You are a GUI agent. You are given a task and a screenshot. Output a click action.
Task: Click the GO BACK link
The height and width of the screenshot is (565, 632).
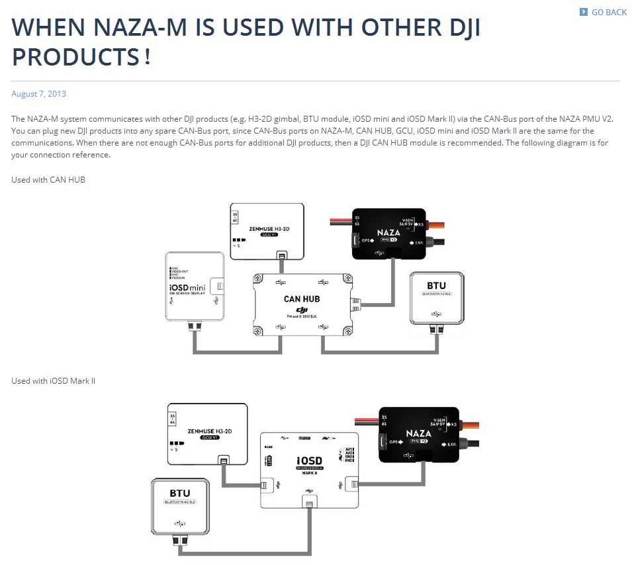coord(608,12)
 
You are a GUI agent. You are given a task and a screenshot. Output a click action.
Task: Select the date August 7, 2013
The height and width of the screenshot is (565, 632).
coord(38,94)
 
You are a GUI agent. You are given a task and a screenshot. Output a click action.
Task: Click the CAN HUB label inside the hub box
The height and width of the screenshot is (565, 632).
coord(302,299)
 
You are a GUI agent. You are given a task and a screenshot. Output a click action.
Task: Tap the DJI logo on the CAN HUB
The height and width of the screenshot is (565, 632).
coord(302,310)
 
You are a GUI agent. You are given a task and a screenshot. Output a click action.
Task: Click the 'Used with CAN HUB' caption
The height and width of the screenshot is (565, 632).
coord(48,179)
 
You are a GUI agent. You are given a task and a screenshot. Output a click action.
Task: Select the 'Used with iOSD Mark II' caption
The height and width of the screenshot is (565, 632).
coord(54,380)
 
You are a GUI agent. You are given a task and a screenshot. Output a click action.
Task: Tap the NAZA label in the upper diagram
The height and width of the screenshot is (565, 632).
coord(388,233)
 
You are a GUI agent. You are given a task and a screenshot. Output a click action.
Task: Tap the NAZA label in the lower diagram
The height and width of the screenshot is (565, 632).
coord(418,433)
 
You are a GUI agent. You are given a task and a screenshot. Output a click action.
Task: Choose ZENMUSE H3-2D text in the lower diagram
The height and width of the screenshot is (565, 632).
coord(208,430)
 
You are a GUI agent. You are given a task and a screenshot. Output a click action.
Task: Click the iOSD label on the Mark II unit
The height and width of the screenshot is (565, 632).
coord(309,460)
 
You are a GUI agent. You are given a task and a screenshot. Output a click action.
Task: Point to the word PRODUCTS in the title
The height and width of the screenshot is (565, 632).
coord(75,56)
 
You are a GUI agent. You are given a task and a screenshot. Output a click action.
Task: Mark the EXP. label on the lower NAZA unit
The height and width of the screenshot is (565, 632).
coord(452,444)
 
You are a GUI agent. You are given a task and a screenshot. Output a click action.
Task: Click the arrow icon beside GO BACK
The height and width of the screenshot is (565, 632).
coord(583,12)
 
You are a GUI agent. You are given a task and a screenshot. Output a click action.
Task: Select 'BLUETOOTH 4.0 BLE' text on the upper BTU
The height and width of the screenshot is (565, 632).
coord(437,293)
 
